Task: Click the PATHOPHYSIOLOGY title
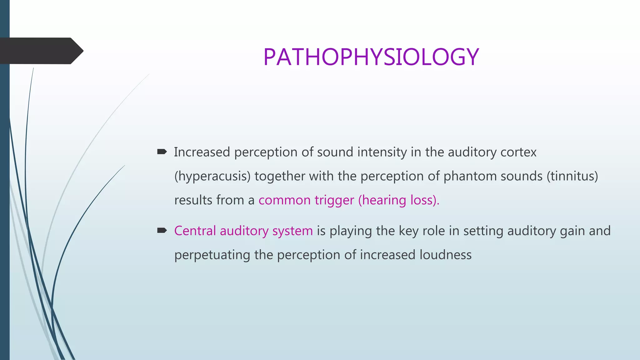click(x=371, y=57)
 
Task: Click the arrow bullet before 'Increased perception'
click(x=162, y=152)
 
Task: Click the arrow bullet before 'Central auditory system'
click(x=162, y=231)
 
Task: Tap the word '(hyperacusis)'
click(x=212, y=176)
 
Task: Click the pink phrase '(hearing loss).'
click(x=399, y=200)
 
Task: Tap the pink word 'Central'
click(x=195, y=231)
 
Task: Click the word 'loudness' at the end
click(x=445, y=255)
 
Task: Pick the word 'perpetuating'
click(x=212, y=255)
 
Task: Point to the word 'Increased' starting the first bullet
click(x=202, y=152)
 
